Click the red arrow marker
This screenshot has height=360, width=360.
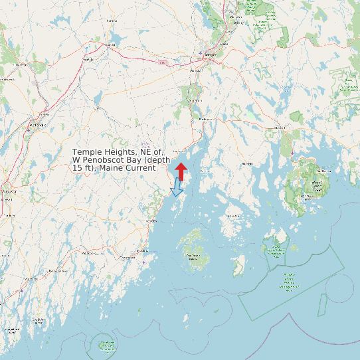(181, 170)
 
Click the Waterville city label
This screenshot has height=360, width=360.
(37, 124)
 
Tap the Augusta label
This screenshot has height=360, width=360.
(8, 191)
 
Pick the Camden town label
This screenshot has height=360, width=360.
(151, 221)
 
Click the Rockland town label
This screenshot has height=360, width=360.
(141, 250)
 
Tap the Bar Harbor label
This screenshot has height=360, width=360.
(323, 170)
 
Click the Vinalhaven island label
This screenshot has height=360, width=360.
(194, 256)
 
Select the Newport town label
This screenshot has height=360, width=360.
(110, 45)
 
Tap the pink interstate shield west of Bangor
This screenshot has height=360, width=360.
(162, 62)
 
